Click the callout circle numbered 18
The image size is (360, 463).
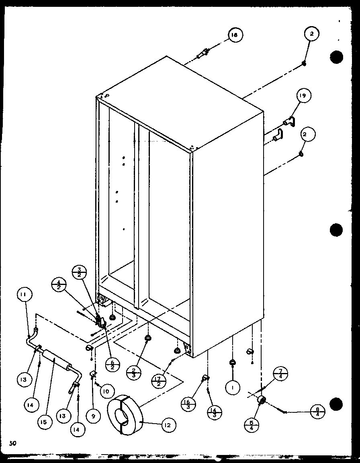(234, 35)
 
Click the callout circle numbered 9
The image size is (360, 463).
(93, 417)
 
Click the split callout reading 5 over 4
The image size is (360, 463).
(252, 425)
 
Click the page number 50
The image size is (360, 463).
(13, 443)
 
